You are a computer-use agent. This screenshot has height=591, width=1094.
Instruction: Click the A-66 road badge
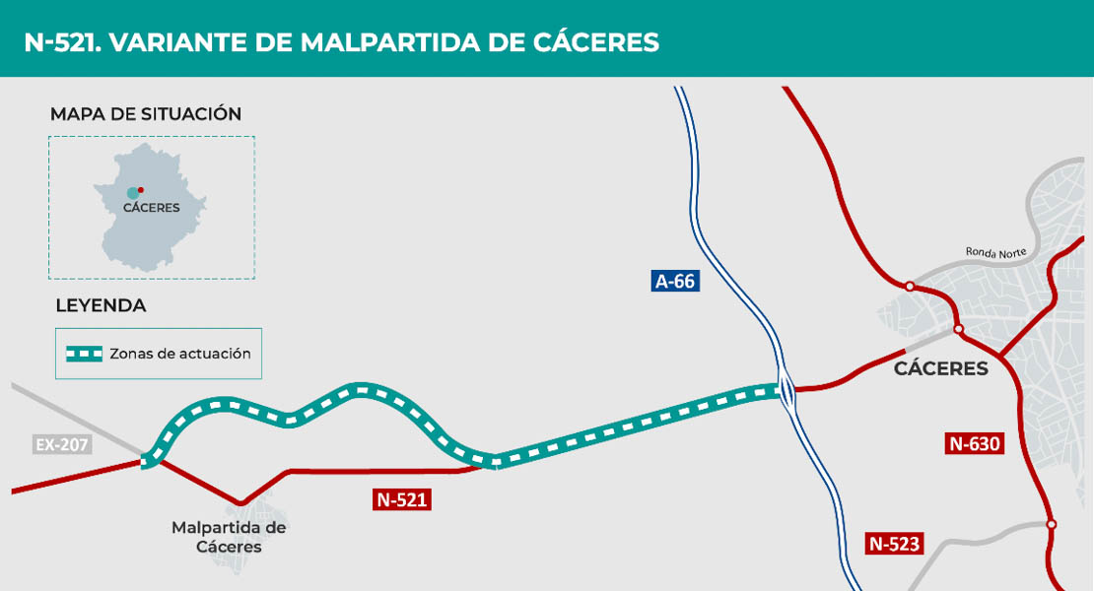[675, 281]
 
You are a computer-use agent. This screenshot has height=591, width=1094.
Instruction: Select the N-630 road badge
[974, 443]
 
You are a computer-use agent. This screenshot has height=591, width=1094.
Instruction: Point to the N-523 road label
[895, 543]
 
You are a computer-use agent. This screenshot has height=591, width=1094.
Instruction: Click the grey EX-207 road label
[62, 444]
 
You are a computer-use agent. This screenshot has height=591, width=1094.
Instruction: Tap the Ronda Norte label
[995, 253]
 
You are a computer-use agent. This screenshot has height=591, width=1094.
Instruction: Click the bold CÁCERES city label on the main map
[940, 369]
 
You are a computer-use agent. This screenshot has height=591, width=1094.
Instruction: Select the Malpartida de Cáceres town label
[229, 537]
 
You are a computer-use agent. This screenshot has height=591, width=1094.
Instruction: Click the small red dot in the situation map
[141, 189]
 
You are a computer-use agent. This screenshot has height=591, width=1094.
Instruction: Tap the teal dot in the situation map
[132, 192]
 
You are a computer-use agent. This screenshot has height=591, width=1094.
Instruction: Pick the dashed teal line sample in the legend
[84, 354]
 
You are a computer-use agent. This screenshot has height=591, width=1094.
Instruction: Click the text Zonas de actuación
[180, 354]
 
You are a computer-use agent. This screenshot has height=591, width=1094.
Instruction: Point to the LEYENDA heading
[101, 305]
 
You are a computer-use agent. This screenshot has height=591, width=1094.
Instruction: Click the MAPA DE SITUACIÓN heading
[146, 114]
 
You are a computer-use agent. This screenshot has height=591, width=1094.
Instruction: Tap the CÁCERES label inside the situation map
[151, 208]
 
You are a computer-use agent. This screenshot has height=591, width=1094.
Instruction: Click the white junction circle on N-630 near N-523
[1052, 524]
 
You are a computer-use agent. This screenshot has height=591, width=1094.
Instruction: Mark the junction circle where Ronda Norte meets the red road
[910, 287]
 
